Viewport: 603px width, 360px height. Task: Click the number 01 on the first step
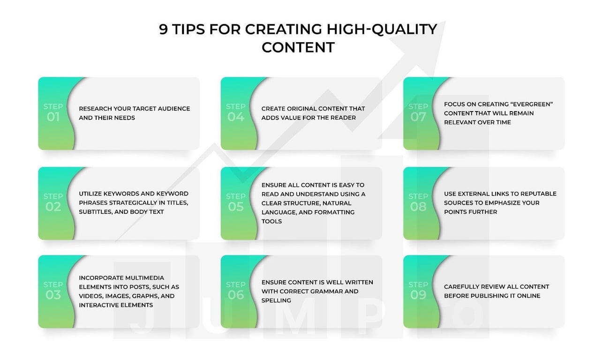tap(53, 117)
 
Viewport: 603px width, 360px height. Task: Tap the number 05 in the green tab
tap(236, 207)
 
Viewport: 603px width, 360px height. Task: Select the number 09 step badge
tap(418, 295)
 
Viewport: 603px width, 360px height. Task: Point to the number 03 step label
tap(53, 295)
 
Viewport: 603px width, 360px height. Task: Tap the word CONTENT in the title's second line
tap(298, 47)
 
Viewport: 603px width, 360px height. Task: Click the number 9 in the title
tap(163, 29)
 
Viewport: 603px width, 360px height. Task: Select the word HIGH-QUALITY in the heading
tap(382, 30)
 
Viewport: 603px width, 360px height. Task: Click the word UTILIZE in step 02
tap(90, 194)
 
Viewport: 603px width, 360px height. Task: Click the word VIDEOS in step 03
tap(90, 296)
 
